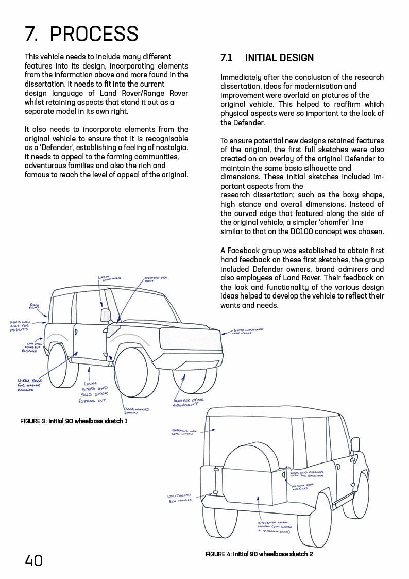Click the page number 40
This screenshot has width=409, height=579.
click(34, 560)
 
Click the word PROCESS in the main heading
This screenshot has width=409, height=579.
click(94, 34)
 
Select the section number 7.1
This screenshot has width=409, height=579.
click(226, 58)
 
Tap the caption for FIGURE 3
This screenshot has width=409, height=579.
click(74, 421)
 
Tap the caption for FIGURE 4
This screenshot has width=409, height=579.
click(259, 554)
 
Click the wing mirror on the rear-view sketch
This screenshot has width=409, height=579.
click(355, 444)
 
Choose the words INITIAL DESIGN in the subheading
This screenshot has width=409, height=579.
click(279, 58)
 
